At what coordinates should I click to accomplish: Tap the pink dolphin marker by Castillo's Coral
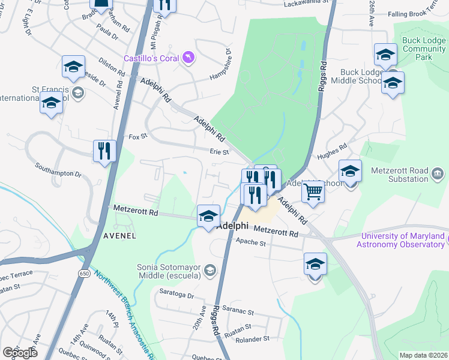(189, 57)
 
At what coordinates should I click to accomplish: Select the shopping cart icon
(313, 192)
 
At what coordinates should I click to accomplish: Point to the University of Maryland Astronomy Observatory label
(400, 240)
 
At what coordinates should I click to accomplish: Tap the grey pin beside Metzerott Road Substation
(438, 174)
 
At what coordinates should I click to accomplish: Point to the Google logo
(20, 353)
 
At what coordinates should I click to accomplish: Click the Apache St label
(250, 243)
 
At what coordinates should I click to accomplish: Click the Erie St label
(219, 152)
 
